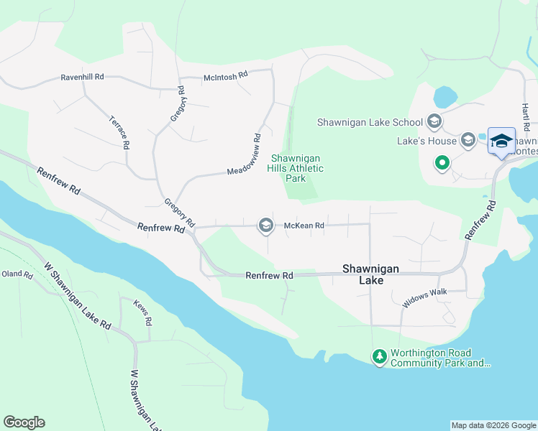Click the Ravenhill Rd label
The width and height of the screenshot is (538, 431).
(83, 76)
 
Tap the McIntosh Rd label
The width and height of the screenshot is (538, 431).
(225, 73)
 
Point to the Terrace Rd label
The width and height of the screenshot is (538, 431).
(119, 132)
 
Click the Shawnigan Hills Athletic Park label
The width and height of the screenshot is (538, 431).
(296, 168)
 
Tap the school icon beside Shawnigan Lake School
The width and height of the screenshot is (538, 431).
(434, 121)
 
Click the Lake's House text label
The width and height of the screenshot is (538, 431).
(427, 141)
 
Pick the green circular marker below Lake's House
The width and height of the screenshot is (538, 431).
(442, 164)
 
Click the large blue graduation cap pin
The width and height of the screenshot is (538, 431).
(501, 141)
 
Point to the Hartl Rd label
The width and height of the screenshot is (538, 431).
(526, 115)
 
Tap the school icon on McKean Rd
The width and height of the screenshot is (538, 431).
(265, 226)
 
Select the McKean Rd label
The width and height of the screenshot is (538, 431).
(304, 226)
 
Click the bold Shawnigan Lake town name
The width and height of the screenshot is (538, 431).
(370, 274)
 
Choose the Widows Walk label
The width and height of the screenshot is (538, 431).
(424, 299)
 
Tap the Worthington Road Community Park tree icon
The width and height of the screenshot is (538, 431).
(379, 356)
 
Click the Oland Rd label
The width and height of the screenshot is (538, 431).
(17, 274)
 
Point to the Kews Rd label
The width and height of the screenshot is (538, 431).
(141, 313)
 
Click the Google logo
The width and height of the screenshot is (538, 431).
(24, 422)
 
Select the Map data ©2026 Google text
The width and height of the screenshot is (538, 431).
(493, 425)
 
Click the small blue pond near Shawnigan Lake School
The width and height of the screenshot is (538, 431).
(445, 96)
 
